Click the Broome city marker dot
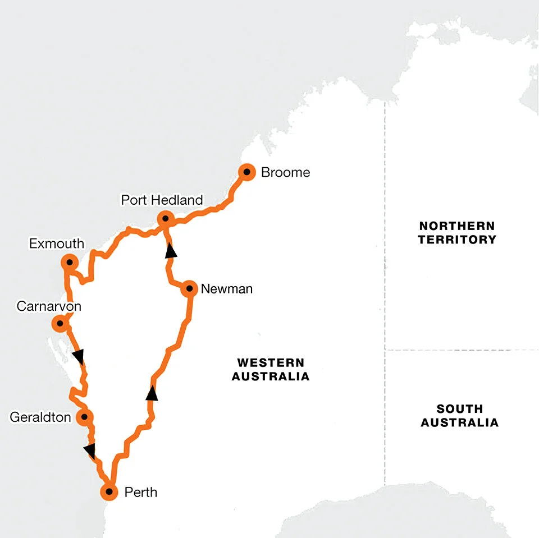(x=246, y=172)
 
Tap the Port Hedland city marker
(x=165, y=219)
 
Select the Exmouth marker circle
(x=69, y=262)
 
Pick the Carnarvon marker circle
(x=59, y=323)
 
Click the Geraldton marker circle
(x=84, y=417)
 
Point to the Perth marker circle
(x=109, y=492)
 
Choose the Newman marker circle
(x=190, y=289)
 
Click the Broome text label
(x=285, y=172)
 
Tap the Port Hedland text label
(x=162, y=200)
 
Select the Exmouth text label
(x=57, y=243)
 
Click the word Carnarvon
(x=49, y=306)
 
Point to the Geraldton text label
(x=40, y=417)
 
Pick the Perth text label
(x=141, y=493)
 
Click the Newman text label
(x=226, y=289)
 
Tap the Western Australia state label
(x=270, y=369)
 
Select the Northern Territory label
(x=457, y=232)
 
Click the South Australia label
(x=459, y=415)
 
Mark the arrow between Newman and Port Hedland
(x=171, y=251)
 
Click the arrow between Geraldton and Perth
(x=89, y=449)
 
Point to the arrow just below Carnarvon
(x=79, y=356)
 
